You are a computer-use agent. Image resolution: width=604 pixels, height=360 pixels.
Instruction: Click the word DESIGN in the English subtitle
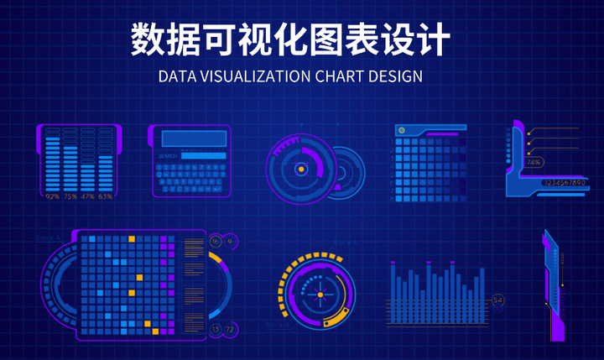coord(394,76)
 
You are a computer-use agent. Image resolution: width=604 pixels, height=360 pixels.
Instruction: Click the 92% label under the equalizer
coord(52,196)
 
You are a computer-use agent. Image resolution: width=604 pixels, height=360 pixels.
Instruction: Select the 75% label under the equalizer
coord(70,196)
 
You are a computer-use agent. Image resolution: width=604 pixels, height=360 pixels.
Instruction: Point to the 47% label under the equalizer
coord(87,196)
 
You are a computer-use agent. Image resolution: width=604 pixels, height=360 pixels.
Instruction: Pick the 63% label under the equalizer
coord(105,196)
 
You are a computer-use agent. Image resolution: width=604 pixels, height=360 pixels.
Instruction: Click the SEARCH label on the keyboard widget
coord(168,156)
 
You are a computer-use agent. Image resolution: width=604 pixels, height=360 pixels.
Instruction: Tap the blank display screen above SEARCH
coord(190,138)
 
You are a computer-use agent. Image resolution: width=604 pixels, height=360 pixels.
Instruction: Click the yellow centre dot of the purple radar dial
coord(299,170)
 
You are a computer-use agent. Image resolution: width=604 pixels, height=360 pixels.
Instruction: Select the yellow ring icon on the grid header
coord(402,130)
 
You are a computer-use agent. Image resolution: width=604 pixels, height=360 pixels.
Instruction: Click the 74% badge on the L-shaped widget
coord(534,162)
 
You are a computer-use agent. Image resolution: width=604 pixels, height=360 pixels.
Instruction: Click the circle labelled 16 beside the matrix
coord(215,242)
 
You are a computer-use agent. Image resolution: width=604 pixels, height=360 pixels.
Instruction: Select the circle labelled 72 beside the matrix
coord(229,329)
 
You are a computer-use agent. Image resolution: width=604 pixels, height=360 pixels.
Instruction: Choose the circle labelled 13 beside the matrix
coord(215,329)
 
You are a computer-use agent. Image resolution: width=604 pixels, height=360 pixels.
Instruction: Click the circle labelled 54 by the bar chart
coord(497,300)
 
